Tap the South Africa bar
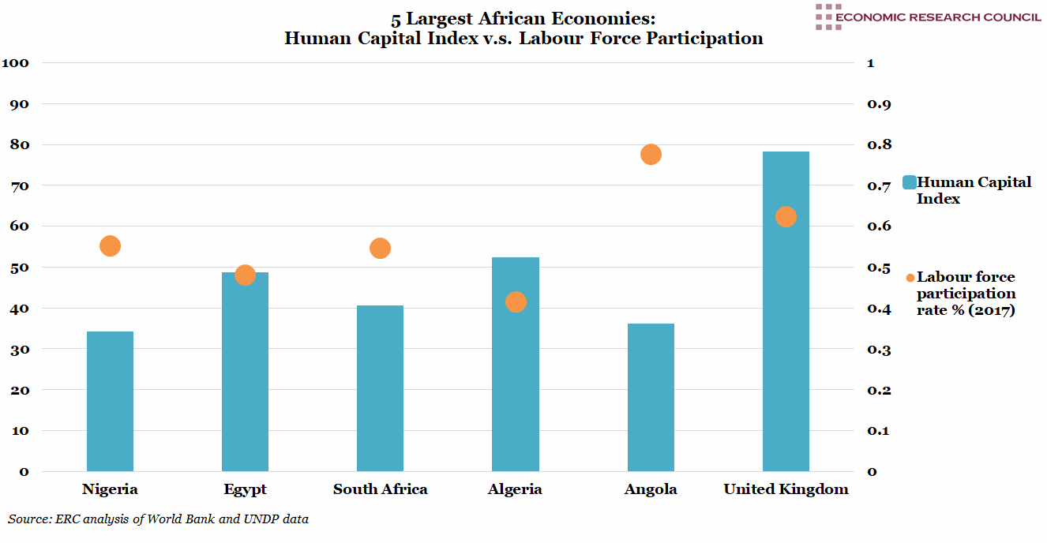coord(380,388)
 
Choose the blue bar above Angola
coord(651,397)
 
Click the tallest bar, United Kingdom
coord(786,331)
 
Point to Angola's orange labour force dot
coord(651,155)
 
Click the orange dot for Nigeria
coord(110,246)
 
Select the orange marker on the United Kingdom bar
coord(786,217)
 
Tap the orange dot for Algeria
coord(516,302)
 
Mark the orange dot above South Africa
coord(380,249)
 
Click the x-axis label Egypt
coord(245,489)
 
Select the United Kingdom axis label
coord(786,489)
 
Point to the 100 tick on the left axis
coord(17,63)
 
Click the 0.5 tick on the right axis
coord(879,268)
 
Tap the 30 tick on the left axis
coord(19,349)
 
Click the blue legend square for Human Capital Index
coord(908,182)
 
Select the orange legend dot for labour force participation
coord(910,278)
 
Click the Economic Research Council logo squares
coord(828,17)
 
